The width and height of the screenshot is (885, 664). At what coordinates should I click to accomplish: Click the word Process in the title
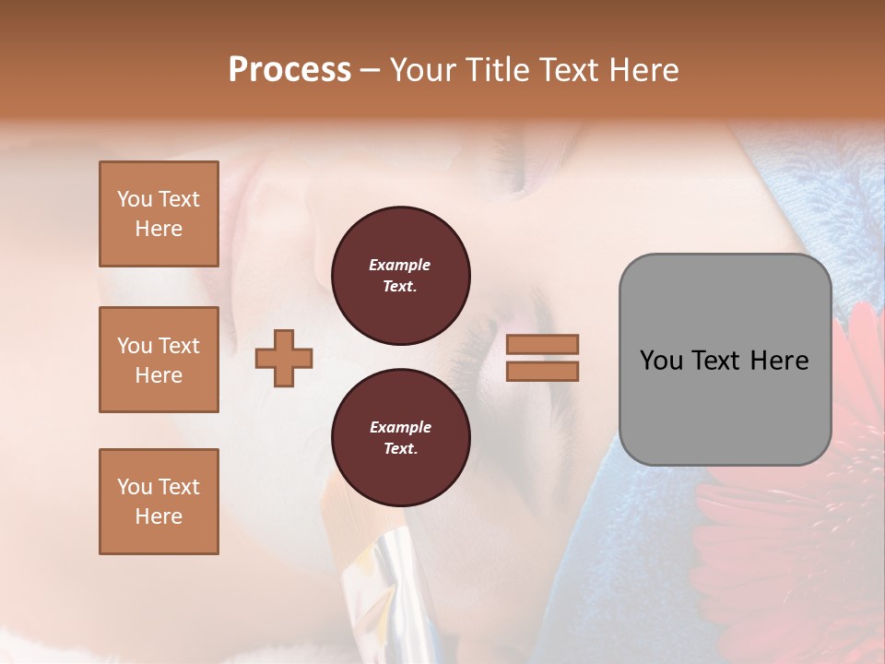289,70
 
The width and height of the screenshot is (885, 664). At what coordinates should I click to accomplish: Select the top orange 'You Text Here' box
159,214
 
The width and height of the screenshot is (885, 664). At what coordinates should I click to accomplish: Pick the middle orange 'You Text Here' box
159,360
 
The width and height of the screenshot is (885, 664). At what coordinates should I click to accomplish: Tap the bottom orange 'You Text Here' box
159,502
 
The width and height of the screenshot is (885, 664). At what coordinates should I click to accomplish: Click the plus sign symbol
284,359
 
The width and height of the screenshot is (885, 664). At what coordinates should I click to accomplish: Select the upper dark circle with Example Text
400,276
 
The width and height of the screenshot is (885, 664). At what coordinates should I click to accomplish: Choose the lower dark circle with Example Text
400,438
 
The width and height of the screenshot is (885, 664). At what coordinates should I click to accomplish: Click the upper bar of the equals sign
542,345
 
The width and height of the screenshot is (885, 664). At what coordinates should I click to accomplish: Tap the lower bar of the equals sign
542,371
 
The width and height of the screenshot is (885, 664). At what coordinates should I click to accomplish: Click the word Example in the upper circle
399,265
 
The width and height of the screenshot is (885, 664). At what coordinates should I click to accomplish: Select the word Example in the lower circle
400,427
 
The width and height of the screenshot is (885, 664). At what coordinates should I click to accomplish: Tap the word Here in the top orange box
159,229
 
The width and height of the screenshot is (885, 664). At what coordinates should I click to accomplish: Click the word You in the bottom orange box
134,487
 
